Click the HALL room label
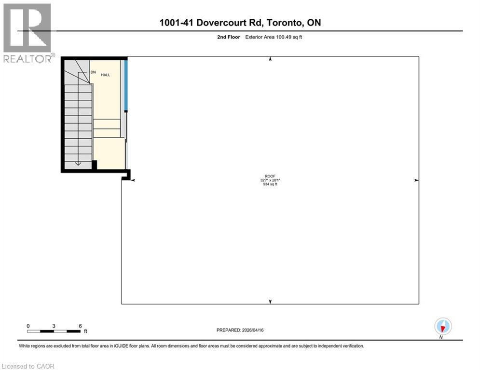click(x=105, y=75)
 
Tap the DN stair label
click(x=93, y=72)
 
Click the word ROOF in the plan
click(x=270, y=176)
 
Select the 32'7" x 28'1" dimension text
click(x=270, y=180)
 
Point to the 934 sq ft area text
click(x=270, y=184)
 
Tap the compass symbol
click(x=442, y=327)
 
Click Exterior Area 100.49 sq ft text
click(x=274, y=37)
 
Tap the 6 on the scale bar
click(x=80, y=326)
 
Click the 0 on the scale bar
click(x=28, y=326)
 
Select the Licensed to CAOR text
click(x=28, y=366)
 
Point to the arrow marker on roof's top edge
click(x=270, y=59)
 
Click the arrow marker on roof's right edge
click(x=416, y=180)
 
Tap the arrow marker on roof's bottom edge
click(x=270, y=302)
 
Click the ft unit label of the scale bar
click(x=85, y=331)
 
